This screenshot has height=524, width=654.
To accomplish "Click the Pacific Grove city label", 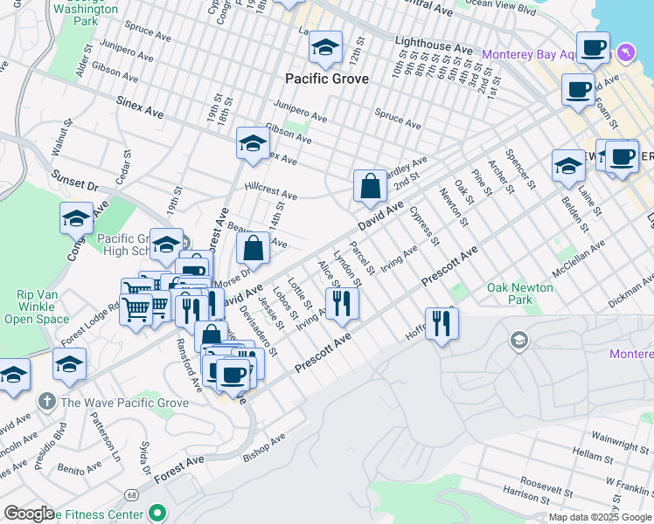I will (x=327, y=79).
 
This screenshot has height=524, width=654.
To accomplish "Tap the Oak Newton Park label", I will (x=520, y=293).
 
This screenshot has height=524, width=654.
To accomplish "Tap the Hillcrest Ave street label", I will (x=271, y=192).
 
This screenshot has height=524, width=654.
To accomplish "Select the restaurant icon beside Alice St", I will (x=342, y=303).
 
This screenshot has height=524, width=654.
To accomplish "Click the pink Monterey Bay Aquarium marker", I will (x=626, y=53).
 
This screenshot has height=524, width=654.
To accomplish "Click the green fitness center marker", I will (x=157, y=513).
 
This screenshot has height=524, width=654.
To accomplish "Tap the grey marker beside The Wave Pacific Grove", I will (x=46, y=403).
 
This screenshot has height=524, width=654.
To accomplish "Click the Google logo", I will (x=29, y=514).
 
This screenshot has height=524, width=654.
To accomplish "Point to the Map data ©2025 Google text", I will (x=600, y=517).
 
